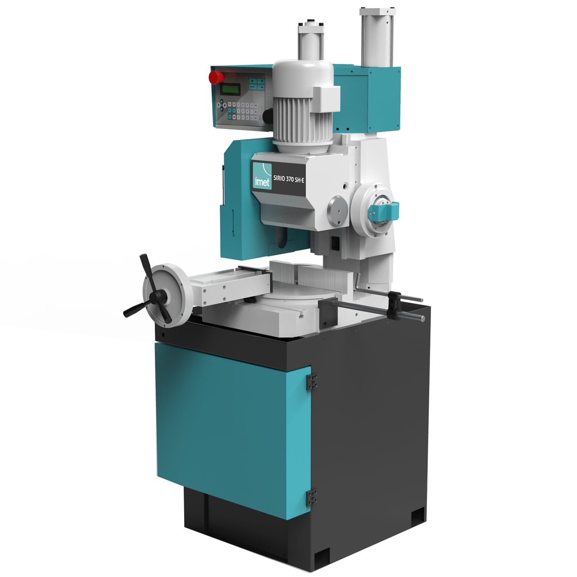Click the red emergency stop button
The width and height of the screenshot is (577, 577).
(x=216, y=77)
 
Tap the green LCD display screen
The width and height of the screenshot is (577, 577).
(x=230, y=89)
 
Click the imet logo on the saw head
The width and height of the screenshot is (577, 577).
(x=262, y=176)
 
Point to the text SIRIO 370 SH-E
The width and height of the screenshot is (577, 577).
(x=288, y=179)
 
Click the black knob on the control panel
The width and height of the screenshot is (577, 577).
(x=268, y=116)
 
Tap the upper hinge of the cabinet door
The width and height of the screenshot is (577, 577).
(x=312, y=381)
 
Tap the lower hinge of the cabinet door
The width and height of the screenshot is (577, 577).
(x=312, y=497)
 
